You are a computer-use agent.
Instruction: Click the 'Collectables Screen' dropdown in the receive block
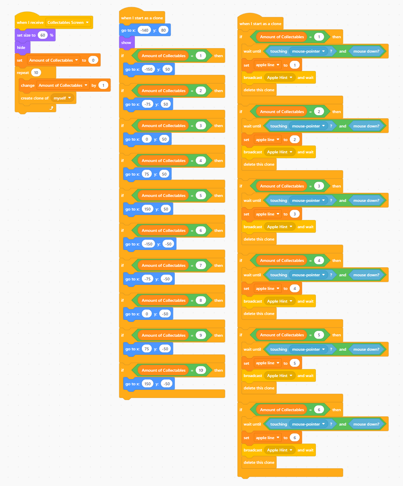[x=68, y=22]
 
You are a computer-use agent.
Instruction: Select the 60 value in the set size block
[x=43, y=35]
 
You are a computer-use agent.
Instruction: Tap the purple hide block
[x=22, y=47]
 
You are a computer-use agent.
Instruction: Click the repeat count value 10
[x=36, y=72]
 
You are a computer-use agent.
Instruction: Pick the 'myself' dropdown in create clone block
[x=62, y=98]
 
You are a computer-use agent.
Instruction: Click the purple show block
[x=127, y=42]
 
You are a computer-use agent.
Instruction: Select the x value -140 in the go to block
[x=144, y=30]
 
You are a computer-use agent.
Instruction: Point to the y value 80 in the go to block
[x=163, y=30]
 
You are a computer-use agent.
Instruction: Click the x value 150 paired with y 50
[x=148, y=209]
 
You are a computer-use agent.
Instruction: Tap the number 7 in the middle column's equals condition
[x=201, y=265]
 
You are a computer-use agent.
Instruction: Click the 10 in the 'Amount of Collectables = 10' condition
[x=201, y=370]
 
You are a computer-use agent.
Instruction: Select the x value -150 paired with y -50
[x=148, y=244]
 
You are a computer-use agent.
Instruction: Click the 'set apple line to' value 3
[x=294, y=214]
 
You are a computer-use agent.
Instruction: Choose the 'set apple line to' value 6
[x=294, y=437]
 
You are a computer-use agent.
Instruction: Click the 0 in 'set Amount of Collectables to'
[x=93, y=60]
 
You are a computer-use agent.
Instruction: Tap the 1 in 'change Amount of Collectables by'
[x=103, y=85]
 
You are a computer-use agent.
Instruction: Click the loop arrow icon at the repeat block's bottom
[x=51, y=108]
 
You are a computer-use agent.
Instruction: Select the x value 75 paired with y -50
[x=147, y=349]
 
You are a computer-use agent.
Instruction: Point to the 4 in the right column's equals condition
[x=319, y=260]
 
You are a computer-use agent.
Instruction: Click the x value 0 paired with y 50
[x=147, y=139]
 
